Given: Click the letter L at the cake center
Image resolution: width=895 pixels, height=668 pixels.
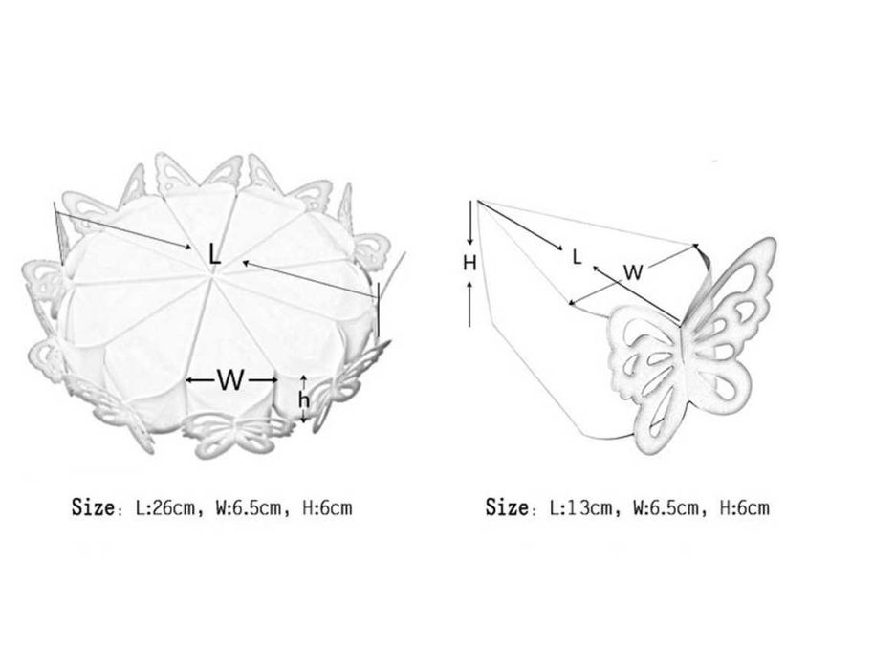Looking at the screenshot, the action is pyautogui.click(x=214, y=254).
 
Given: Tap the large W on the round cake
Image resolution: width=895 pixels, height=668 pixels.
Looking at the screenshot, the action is pyautogui.click(x=230, y=380).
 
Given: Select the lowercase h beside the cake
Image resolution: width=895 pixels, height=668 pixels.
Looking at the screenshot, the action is pyautogui.click(x=304, y=399).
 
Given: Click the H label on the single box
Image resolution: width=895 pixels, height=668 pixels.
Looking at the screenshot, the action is pyautogui.click(x=469, y=263).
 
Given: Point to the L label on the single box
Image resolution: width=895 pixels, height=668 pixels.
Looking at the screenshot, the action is pyautogui.click(x=578, y=257).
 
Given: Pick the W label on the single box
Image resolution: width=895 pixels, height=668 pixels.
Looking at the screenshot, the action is pyautogui.click(x=633, y=272).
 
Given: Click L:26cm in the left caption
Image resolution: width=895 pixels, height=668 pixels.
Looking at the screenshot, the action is pyautogui.click(x=165, y=507).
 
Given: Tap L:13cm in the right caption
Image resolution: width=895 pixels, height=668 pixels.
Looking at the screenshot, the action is pyautogui.click(x=580, y=507).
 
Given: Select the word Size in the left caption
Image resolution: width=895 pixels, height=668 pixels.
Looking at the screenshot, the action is pyautogui.click(x=93, y=506).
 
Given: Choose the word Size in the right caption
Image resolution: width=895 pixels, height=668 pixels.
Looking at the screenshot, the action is pyautogui.click(x=507, y=506).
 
